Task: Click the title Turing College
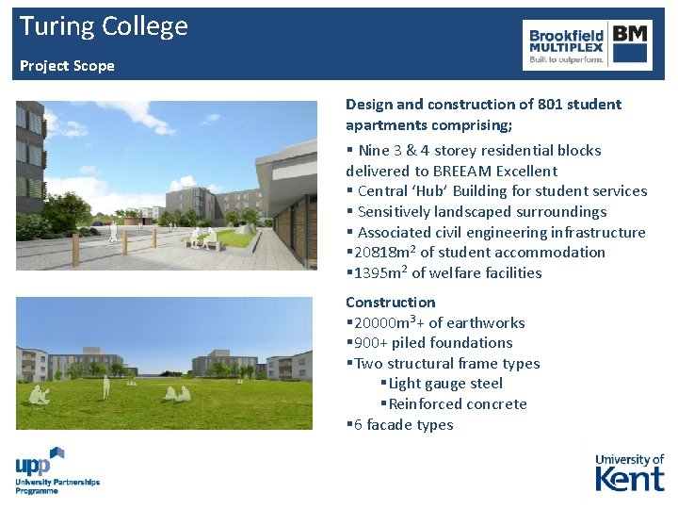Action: (104, 26)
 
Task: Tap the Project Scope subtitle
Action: (67, 66)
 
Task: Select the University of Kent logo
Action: (629, 472)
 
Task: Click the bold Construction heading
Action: (390, 303)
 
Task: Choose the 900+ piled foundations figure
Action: (371, 343)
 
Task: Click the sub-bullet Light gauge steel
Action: (445, 384)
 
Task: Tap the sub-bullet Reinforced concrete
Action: (458, 404)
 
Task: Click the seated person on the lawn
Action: (38, 395)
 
